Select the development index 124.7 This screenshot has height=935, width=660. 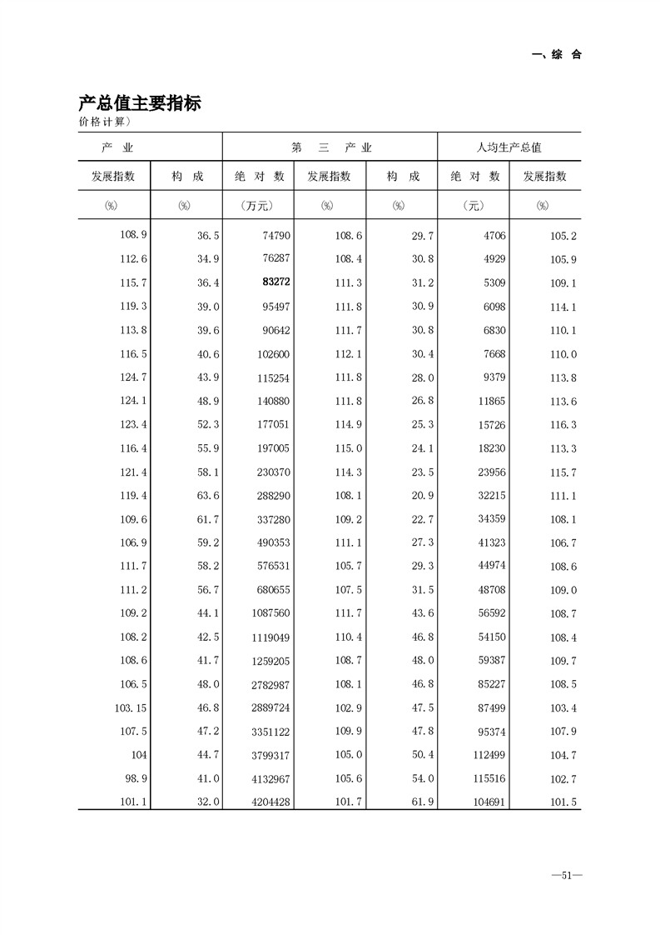(134, 377)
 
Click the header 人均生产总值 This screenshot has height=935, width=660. (509, 147)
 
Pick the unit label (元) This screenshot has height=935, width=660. (474, 206)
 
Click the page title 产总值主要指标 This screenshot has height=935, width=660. (140, 103)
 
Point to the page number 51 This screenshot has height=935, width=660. (565, 875)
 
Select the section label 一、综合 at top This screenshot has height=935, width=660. (556, 55)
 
